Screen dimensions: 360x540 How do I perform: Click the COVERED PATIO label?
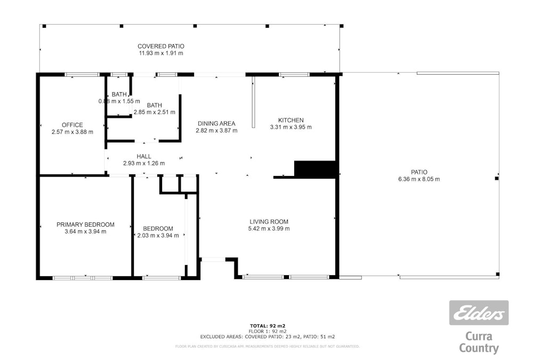[160, 46]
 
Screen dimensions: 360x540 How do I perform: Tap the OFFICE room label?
[72, 125]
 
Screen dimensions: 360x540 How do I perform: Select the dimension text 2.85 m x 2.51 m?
[155, 112]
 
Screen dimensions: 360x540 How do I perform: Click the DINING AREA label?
[215, 123]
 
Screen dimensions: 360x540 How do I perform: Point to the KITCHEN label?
[291, 120]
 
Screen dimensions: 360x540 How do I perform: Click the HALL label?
[143, 156]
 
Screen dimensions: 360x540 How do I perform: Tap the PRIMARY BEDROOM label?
[85, 225]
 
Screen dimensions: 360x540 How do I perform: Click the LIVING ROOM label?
[269, 221]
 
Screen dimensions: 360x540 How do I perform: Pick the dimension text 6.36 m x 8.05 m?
[418, 179]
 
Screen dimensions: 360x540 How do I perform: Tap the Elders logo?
[478, 313]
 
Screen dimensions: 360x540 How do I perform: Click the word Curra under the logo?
[479, 337]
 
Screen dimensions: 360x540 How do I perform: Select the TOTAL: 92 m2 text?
[268, 325]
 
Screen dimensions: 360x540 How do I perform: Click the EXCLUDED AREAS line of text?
[268, 337]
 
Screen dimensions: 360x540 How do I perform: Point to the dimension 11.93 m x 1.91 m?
[160, 53]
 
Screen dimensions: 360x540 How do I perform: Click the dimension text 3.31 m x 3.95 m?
[291, 127]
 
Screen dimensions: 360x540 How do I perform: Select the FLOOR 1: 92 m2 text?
[268, 331]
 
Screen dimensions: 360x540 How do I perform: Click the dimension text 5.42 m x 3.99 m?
[269, 228]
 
